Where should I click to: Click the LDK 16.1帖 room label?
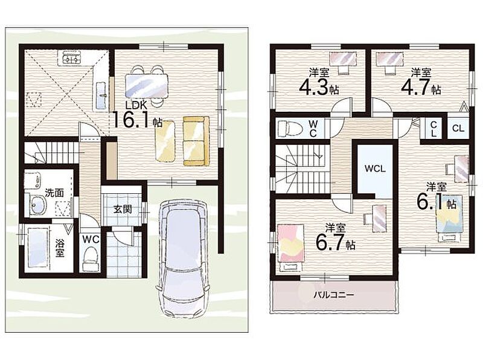(138, 115)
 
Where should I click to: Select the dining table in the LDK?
(147, 86)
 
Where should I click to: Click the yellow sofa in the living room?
(196, 141)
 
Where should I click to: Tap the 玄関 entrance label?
(123, 209)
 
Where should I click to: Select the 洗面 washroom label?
(54, 193)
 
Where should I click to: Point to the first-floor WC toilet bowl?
(91, 256)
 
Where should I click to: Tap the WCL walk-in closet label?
(375, 169)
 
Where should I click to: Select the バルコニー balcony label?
(334, 295)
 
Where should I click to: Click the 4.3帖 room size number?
(319, 88)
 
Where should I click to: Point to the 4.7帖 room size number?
(420, 88)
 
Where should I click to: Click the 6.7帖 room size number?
(335, 243)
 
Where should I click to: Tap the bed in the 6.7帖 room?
(290, 247)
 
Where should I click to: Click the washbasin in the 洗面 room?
(39, 205)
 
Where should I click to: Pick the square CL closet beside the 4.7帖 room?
(458, 128)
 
